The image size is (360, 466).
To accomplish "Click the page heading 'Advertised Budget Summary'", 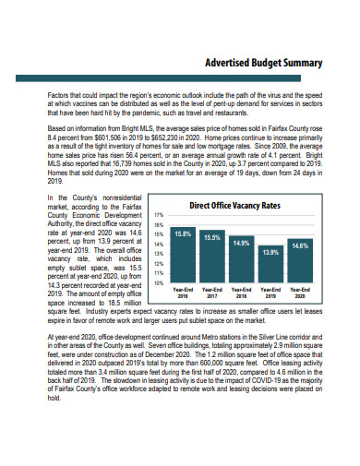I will pos(263,63).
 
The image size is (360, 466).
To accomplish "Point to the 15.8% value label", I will pos(183,234).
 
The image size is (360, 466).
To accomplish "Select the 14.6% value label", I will pos(300,246).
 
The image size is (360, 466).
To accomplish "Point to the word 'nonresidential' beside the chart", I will pos(116,198).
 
